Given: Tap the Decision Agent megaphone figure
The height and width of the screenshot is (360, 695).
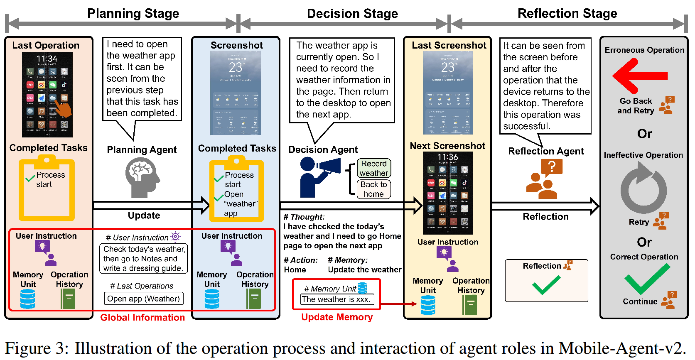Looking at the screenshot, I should tap(318, 176).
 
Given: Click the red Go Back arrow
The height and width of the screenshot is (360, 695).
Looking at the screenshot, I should tap(639, 76).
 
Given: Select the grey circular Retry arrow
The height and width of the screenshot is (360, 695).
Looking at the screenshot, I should tap(643, 189).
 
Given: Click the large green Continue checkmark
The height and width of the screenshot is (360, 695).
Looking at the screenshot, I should tap(647, 279).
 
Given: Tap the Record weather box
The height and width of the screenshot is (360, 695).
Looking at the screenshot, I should tap(374, 168).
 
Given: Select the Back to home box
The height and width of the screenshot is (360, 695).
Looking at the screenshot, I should tap(373, 189).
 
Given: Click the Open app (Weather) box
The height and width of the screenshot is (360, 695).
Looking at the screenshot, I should tap(143, 299).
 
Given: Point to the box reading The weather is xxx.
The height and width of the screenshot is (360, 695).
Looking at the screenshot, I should tap(336, 299).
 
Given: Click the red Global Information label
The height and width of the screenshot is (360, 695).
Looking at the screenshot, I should tap(142, 318).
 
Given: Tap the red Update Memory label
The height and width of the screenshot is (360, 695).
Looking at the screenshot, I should tap(337, 317).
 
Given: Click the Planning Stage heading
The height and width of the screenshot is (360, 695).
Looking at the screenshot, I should tap(133, 13).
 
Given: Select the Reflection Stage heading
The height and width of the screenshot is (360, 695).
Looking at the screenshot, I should tap(567, 13).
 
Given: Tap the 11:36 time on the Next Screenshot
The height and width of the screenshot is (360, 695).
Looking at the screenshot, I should tap(447, 157).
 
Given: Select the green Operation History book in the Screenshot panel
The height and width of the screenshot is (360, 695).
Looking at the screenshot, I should tap(253, 299).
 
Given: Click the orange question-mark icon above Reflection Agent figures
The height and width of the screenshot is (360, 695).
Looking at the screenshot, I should tap(552, 167).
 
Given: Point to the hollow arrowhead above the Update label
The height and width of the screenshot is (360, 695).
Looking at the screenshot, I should tap(205, 205).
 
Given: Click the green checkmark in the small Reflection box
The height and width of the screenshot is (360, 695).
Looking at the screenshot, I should tap(546, 285).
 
